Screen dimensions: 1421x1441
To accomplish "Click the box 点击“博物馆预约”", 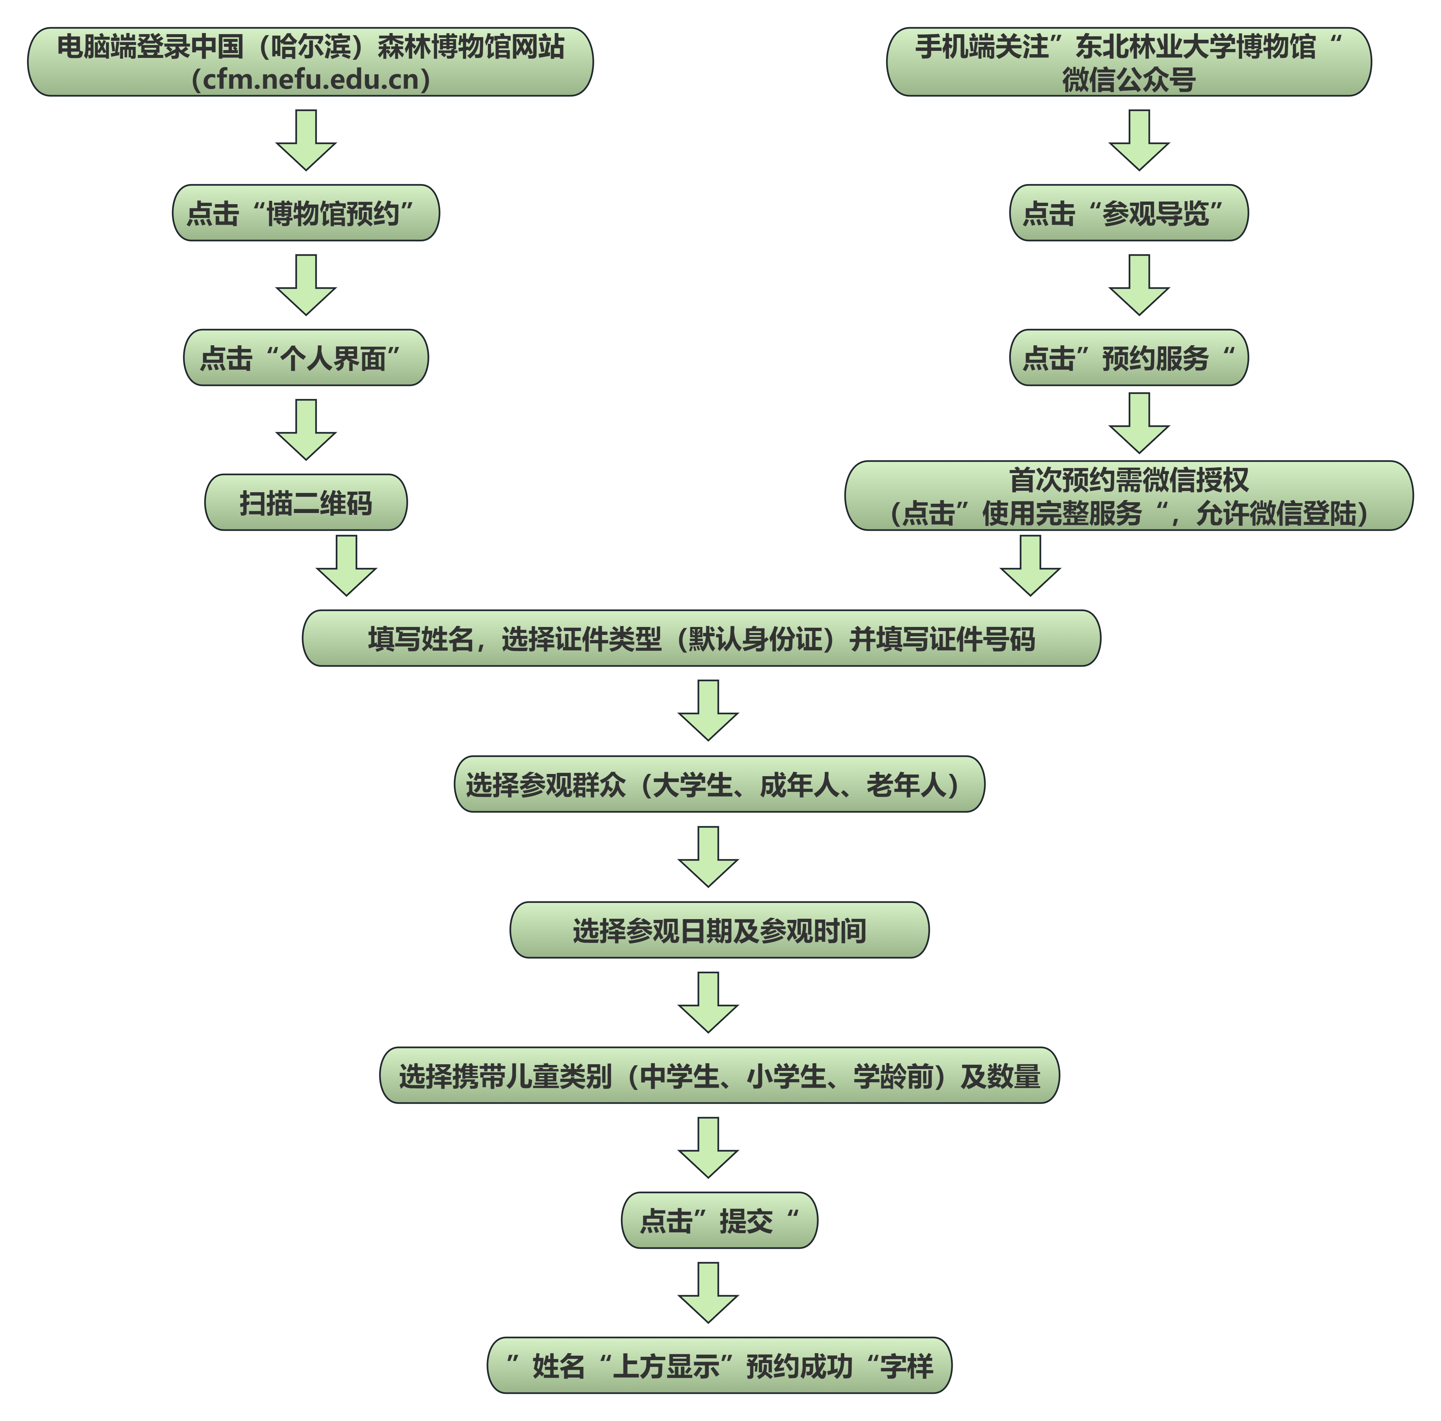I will coord(306,213).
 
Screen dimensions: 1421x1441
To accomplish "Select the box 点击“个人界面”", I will coord(306,358).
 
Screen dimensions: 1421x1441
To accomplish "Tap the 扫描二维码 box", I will coord(306,503).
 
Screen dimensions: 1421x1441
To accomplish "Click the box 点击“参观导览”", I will coord(1129,213).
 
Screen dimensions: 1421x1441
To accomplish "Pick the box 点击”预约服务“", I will coord(1129,358).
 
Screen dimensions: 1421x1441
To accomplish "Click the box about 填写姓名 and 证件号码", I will coord(701,638).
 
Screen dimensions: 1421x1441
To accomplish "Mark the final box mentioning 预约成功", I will coord(719,1365).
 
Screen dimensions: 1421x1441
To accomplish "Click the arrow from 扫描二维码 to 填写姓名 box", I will coord(347,566).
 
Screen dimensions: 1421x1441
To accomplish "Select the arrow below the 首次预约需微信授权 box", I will coord(1030,566).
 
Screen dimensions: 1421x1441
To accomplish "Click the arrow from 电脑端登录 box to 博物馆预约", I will coord(306,140).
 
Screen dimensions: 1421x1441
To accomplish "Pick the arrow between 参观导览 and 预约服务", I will coord(1139,285).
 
